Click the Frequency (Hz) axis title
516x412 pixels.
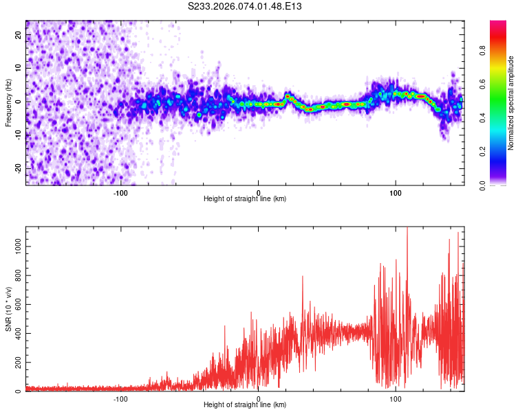pyautogui.click(x=9, y=102)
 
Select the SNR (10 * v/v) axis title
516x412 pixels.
pyautogui.click(x=9, y=308)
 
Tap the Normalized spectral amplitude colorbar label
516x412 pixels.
pyautogui.click(x=510, y=103)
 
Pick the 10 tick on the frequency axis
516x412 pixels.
pyautogui.click(x=19, y=69)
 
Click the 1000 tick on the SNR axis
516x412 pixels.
pyautogui.click(x=14, y=246)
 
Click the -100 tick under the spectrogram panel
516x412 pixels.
pyautogui.click(x=120, y=192)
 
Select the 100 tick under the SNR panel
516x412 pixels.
pyautogui.click(x=396, y=398)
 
